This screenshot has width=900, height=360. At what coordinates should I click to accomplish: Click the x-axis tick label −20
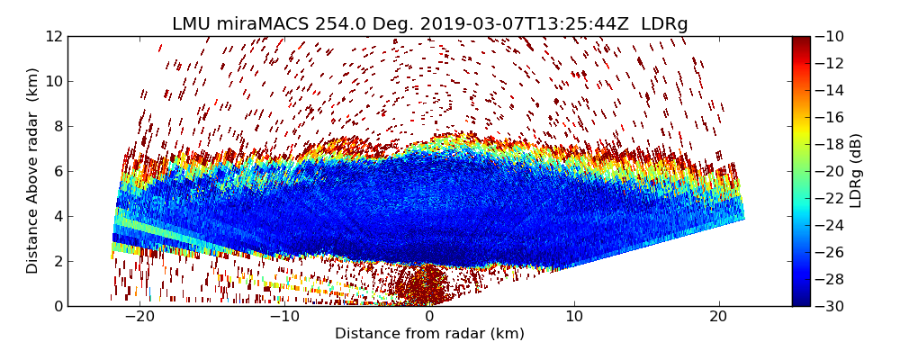[139, 317]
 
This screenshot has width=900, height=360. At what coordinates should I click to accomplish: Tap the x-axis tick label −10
[284, 317]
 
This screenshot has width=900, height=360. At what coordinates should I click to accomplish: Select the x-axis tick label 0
[429, 317]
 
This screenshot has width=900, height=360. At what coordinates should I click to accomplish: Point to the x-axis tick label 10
[574, 317]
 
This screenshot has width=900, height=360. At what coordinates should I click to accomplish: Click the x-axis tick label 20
[718, 317]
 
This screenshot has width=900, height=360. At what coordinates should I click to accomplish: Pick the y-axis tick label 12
[53, 37]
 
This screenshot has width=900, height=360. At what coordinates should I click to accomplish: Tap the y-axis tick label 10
[53, 81]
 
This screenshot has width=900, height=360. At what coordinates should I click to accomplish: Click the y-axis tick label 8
[57, 126]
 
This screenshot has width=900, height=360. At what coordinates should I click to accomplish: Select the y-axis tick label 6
[57, 171]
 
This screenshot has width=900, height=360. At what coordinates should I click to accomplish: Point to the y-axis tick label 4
[57, 216]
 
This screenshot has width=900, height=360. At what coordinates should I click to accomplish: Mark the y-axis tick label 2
[57, 261]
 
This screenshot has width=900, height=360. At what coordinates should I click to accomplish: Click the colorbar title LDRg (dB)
[856, 171]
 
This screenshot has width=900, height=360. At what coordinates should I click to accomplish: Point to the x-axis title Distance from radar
[429, 334]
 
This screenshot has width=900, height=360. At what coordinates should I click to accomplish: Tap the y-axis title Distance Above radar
[33, 171]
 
